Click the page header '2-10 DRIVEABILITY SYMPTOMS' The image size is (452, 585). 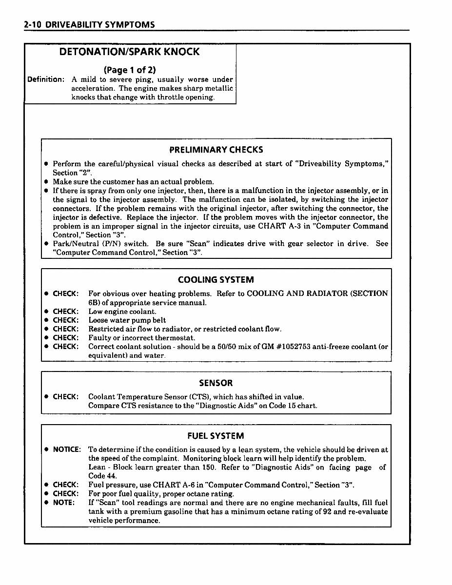pos(89,24)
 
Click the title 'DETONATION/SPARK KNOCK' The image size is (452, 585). pos(129,52)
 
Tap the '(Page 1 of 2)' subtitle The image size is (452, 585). pos(130,70)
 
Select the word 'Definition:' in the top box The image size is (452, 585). pos(46,79)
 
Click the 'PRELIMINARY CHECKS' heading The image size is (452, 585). pos(216,150)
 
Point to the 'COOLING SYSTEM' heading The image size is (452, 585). pos(216,280)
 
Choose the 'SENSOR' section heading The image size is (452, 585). pos(216,383)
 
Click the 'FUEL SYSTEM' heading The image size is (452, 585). pos(216,436)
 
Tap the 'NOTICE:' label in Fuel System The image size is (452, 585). pos(67,449)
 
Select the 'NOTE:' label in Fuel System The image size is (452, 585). pos(64,502)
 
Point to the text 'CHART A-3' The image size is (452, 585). pos(278,226)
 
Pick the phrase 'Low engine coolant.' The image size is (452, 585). pos(122,312)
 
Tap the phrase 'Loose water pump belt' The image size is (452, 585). pos(127,320)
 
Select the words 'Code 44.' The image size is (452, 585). pos(102,476)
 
